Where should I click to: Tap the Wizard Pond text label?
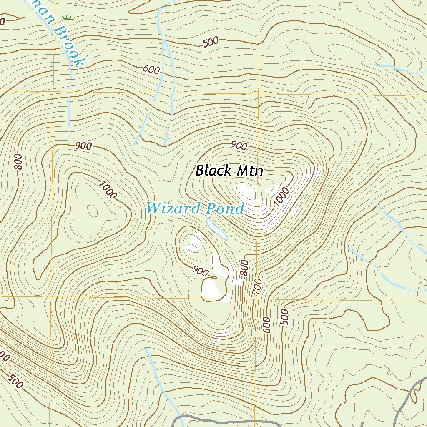195,208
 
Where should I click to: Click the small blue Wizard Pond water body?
216,229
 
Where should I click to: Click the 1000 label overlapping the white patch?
282,197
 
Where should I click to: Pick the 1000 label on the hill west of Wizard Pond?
108,190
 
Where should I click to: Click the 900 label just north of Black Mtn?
239,146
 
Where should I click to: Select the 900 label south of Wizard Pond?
201,272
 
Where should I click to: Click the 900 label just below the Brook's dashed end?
84,146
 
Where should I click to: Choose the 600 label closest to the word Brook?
151,70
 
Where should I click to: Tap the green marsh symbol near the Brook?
67,18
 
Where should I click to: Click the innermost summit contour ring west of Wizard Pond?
92,211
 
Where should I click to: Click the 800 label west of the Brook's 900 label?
18,162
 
